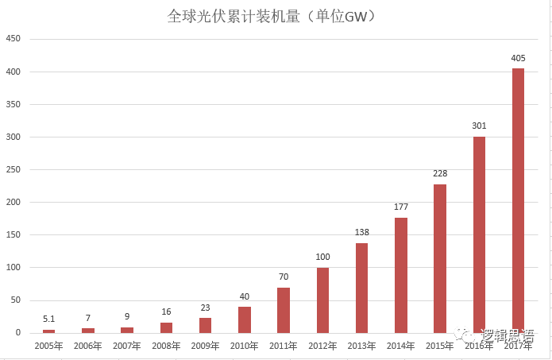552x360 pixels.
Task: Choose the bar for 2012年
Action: click(322, 300)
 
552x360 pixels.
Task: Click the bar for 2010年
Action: click(245, 319)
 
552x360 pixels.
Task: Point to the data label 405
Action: click(518, 58)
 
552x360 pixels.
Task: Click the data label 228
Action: click(440, 173)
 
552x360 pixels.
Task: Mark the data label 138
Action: click(361, 232)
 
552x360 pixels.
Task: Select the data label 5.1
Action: click(49, 319)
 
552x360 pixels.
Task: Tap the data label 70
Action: click(284, 277)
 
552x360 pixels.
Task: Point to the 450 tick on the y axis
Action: click(13, 39)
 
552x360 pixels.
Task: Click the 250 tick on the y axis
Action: click(13, 169)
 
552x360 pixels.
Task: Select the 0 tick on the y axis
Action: click(17, 333)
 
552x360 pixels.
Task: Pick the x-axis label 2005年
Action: click(49, 346)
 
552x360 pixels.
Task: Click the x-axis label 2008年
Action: click(166, 346)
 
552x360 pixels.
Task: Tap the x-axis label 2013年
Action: click(361, 346)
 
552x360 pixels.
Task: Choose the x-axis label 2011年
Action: click(284, 346)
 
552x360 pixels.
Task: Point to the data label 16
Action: click(166, 312)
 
